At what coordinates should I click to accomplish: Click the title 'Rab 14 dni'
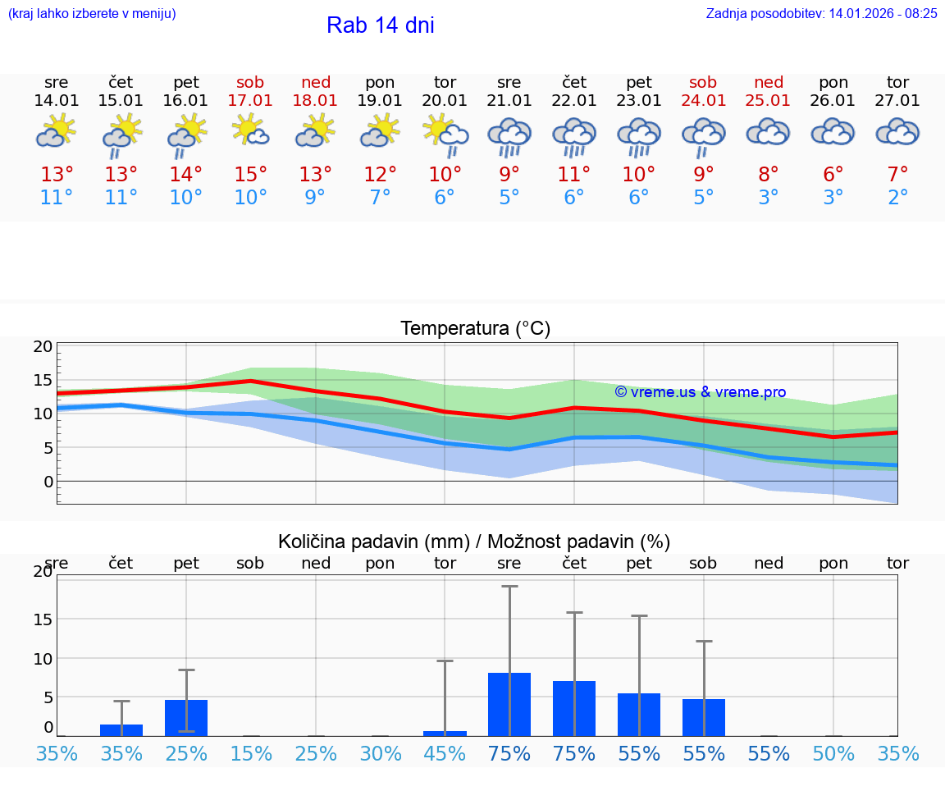pos(380,25)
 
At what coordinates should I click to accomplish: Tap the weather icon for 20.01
pos(445,134)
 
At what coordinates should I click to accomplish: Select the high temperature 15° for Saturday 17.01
pos(251,175)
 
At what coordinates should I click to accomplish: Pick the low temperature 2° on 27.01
pos(898,198)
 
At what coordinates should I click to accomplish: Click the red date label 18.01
pos(316,100)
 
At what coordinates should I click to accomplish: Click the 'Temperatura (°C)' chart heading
pos(475,328)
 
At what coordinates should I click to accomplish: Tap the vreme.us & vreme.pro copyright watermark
pos(701,392)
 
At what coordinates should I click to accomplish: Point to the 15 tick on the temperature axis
pos(43,380)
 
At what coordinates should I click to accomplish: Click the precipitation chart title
pos(474,542)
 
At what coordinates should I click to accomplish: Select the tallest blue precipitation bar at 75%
pos(509,704)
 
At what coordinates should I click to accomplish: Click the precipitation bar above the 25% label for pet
pos(186,717)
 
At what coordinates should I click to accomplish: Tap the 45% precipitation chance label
pos(445,753)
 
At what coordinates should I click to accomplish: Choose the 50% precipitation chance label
pos(833,753)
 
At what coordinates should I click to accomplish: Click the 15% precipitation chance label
pos(251,753)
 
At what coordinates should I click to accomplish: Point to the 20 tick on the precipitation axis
pos(43,572)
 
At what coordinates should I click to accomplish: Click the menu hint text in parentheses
pos(92,13)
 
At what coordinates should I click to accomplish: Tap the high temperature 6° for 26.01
pos(833,175)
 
